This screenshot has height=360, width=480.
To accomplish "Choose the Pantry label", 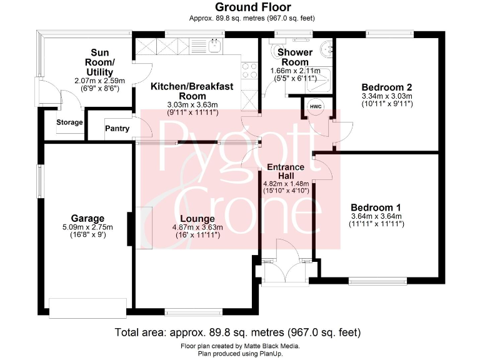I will click(117, 129).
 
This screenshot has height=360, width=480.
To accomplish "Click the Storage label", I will click(69, 122).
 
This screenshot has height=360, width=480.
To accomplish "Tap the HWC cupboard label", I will click(316, 106).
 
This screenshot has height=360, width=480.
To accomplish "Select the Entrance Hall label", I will click(285, 171).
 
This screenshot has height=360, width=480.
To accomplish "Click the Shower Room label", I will click(294, 57).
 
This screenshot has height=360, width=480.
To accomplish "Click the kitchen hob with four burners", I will click(247, 70).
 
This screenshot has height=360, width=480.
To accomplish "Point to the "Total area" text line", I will click(238, 332).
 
